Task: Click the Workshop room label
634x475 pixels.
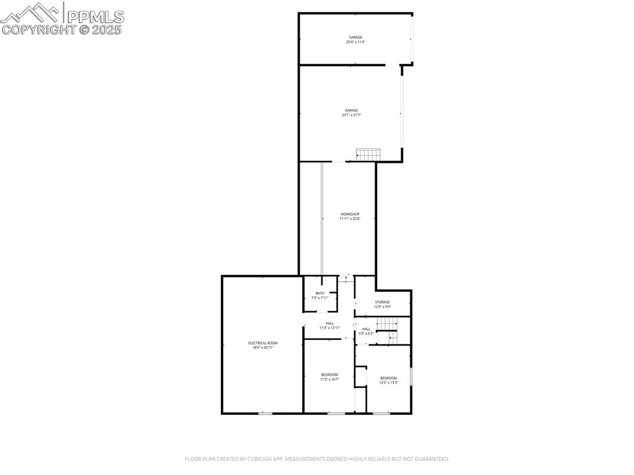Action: click(350, 214)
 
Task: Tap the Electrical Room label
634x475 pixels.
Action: click(263, 343)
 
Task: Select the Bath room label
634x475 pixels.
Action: click(319, 294)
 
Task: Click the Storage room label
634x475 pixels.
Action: click(382, 302)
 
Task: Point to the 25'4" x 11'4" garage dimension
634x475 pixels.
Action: click(355, 42)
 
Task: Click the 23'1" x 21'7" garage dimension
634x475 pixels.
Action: click(351, 115)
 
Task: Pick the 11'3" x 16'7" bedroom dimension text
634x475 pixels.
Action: click(329, 379)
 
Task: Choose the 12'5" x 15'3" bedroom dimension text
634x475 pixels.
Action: click(388, 383)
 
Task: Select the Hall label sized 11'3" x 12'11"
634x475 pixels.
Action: click(329, 323)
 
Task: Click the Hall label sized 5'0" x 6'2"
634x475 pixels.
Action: click(366, 329)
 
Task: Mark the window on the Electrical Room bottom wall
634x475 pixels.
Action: click(265, 413)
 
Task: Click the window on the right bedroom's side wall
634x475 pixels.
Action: click(411, 376)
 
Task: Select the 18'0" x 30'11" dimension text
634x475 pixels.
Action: click(263, 347)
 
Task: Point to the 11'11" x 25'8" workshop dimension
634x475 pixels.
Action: click(350, 219)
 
